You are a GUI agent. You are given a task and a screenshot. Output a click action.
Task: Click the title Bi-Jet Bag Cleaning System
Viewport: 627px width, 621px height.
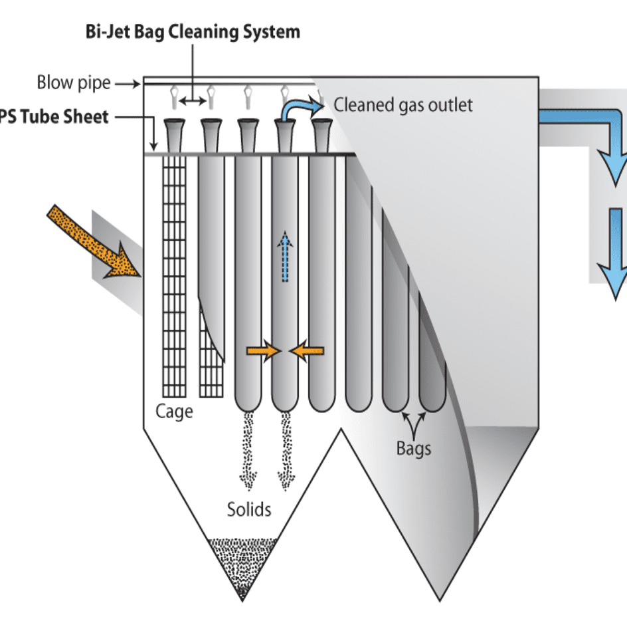point(193,31)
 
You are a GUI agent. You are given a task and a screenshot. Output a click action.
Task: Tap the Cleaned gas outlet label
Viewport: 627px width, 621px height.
point(403,104)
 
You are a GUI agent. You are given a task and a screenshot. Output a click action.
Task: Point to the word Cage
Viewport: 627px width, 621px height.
point(174,411)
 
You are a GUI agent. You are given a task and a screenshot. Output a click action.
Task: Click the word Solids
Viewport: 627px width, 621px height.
point(249,510)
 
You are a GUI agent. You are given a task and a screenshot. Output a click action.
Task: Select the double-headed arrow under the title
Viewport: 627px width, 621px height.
point(193,100)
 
